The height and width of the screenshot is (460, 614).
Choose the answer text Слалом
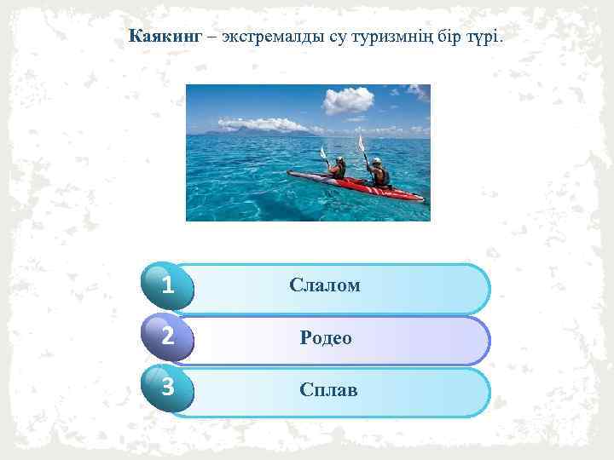[x=324, y=285]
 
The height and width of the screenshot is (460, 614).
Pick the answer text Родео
[x=326, y=338]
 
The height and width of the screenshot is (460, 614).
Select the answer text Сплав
[x=328, y=390]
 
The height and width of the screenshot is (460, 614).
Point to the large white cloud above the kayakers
[x=348, y=100]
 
